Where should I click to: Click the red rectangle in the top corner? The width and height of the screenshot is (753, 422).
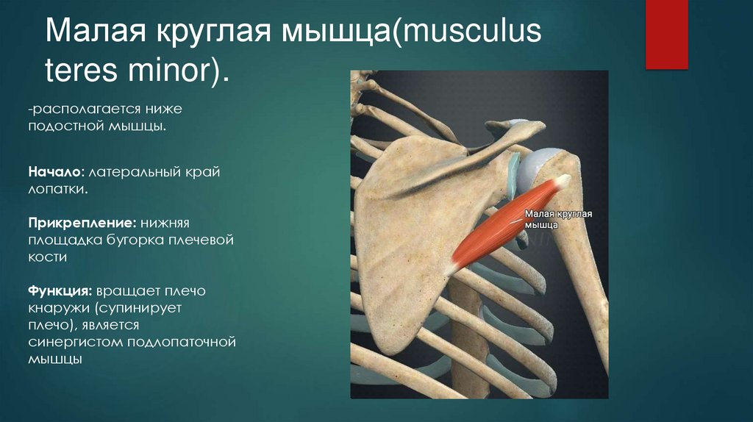click(x=666, y=34)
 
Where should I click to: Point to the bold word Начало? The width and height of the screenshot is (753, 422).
click(x=54, y=171)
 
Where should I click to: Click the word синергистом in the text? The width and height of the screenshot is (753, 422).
click(x=76, y=343)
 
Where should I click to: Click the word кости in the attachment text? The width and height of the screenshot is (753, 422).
click(x=48, y=257)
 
